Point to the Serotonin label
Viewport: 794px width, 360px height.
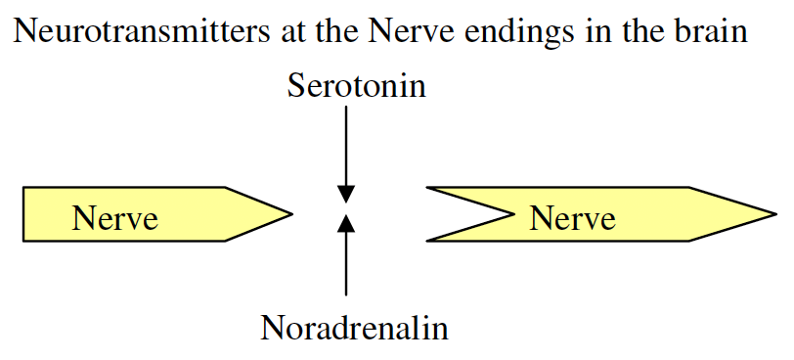click(357, 86)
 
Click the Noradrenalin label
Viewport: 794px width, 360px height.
click(354, 327)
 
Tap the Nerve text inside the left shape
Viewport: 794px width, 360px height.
click(114, 217)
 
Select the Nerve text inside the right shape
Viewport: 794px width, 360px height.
click(572, 217)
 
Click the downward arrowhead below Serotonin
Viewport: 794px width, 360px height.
click(345, 194)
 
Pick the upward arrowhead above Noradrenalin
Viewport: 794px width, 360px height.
click(345, 225)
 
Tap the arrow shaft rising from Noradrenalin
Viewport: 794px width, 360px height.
click(345, 264)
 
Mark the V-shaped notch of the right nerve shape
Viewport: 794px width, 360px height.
click(510, 212)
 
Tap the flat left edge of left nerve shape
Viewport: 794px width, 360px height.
click(23, 213)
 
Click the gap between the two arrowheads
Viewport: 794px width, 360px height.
click(345, 208)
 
